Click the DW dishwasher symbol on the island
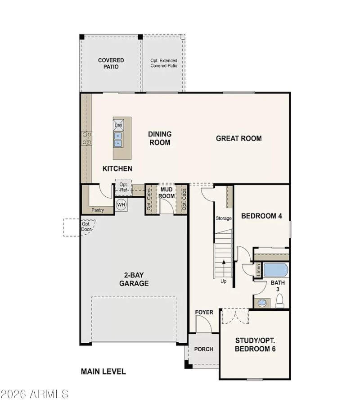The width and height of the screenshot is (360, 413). pyautogui.click(x=118, y=125)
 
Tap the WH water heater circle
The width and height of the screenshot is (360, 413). pyautogui.click(x=121, y=205)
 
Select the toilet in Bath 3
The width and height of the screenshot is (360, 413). pyautogui.click(x=279, y=300)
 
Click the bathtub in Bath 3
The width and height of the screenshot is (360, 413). pyautogui.click(x=275, y=270)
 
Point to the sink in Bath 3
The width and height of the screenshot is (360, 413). pyautogui.click(x=260, y=303)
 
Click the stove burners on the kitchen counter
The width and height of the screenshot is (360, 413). pyautogui.click(x=86, y=138)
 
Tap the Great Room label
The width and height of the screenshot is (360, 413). pyautogui.click(x=238, y=138)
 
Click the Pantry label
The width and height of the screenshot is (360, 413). pyautogui.click(x=98, y=210)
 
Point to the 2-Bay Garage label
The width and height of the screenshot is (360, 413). pyautogui.click(x=134, y=279)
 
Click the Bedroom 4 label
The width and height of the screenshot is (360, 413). pyautogui.click(x=261, y=216)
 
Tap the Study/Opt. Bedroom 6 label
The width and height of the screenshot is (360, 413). pyautogui.click(x=255, y=345)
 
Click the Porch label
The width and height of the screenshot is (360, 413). pyautogui.click(x=203, y=349)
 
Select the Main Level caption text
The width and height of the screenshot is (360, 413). pyautogui.click(x=103, y=372)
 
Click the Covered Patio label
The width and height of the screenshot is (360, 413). pyautogui.click(x=111, y=64)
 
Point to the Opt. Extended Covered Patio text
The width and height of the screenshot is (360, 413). pyautogui.click(x=164, y=63)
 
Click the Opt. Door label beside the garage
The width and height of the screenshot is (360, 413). pyautogui.click(x=86, y=227)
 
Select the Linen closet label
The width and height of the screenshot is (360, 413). pyautogui.click(x=258, y=271)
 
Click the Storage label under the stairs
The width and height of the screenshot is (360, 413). pyautogui.click(x=224, y=218)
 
